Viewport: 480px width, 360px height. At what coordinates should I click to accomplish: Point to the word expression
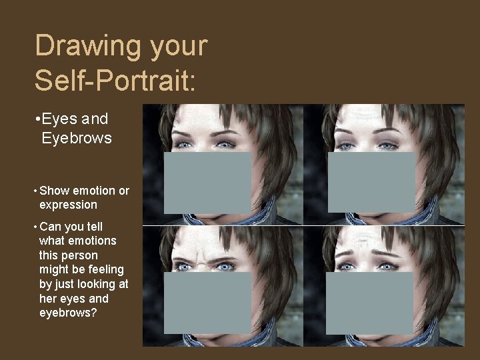(x=68, y=205)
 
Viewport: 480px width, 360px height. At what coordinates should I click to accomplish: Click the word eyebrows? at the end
(x=68, y=312)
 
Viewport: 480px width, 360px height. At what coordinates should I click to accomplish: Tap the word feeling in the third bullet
(x=101, y=269)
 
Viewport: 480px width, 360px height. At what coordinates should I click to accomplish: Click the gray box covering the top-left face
(x=207, y=183)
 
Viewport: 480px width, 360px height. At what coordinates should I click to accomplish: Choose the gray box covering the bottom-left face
(x=207, y=303)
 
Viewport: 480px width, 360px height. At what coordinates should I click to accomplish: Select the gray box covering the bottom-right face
(x=370, y=303)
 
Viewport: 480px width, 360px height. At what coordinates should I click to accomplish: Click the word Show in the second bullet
(x=55, y=191)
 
